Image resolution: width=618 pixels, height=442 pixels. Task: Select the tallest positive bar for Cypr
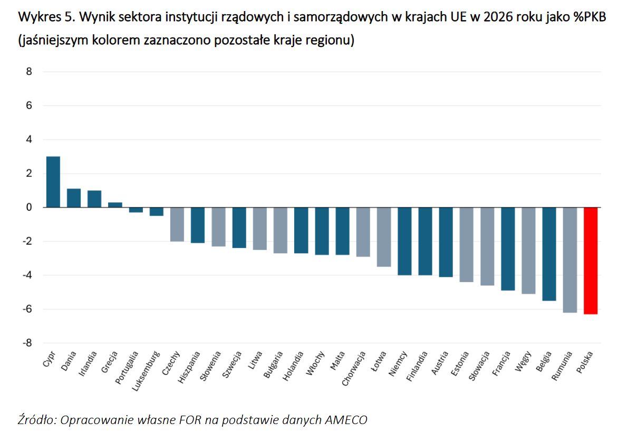click(53, 182)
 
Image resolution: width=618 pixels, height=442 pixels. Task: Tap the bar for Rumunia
click(570, 260)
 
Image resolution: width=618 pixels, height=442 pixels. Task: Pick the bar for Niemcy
click(404, 241)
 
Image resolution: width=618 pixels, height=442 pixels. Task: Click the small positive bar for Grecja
click(115, 205)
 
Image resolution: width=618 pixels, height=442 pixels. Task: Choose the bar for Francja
click(508, 248)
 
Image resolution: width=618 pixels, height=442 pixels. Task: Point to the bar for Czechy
click(177, 224)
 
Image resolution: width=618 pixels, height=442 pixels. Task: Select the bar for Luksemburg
click(156, 212)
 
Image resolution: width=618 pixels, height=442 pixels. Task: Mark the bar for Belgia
click(549, 254)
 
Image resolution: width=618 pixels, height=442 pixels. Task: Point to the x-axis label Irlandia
click(88, 363)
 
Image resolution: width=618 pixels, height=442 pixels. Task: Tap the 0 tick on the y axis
click(29, 207)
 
